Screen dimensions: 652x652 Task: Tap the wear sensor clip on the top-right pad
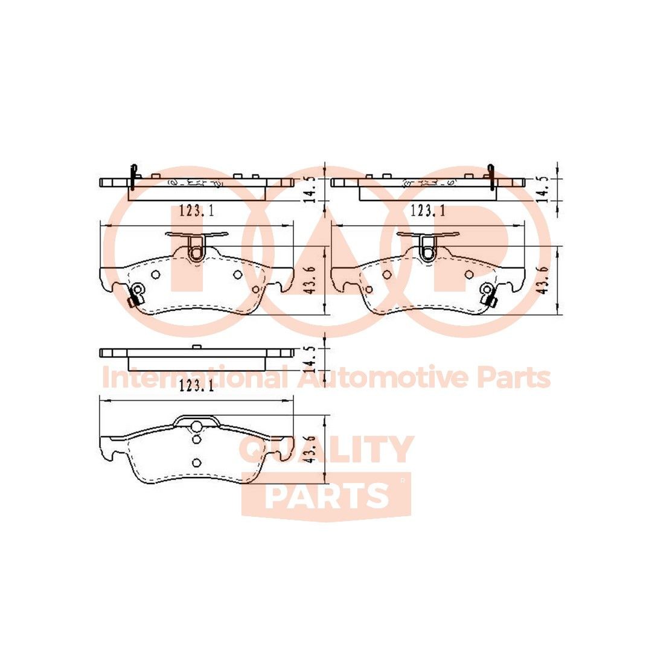click(x=487, y=295)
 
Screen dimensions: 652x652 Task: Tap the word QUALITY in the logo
click(x=327, y=449)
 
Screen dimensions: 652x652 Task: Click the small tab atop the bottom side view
click(x=196, y=347)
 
